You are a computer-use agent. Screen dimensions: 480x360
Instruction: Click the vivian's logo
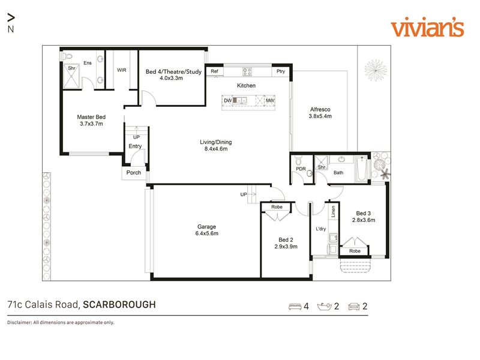click(x=427, y=28)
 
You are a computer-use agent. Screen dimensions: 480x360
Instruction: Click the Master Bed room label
click(x=91, y=117)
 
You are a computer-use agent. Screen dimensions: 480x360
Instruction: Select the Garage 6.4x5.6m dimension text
click(x=207, y=233)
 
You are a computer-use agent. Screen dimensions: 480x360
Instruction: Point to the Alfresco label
click(x=320, y=109)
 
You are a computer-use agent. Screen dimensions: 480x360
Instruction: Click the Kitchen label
click(x=246, y=85)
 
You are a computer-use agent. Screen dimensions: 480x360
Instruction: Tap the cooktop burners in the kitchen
click(x=247, y=71)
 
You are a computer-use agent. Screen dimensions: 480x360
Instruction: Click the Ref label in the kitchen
click(x=214, y=71)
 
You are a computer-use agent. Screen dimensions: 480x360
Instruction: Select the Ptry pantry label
click(x=281, y=71)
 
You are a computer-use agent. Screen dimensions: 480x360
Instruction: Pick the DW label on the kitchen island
click(x=228, y=100)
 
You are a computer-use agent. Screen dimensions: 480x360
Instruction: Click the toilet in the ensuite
click(x=67, y=56)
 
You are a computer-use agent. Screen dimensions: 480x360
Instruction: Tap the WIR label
click(x=122, y=70)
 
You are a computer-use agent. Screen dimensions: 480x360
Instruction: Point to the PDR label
click(x=301, y=169)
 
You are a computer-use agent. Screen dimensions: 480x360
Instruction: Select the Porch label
click(x=134, y=173)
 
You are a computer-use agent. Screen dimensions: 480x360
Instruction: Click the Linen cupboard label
click(x=334, y=211)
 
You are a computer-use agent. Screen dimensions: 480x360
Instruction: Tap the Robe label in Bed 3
click(x=355, y=251)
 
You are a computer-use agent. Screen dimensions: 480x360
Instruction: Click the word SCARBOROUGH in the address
click(x=119, y=305)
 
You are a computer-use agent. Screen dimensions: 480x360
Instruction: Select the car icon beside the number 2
click(x=354, y=307)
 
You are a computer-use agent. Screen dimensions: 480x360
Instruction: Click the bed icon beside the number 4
click(x=295, y=307)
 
